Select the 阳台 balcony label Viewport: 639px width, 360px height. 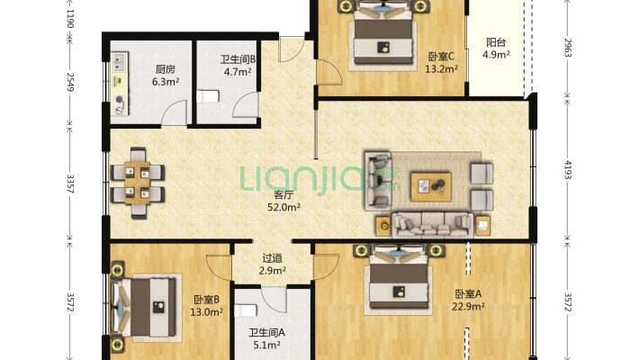coord(495,42)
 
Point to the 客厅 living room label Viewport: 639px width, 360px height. coord(283,194)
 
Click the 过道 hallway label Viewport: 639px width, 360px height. coord(273,257)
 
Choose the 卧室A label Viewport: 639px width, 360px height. coord(469,293)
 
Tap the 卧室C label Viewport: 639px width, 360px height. coord(441,55)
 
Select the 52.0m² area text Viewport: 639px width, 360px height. coord(283,207)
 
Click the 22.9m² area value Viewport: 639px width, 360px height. coord(469,306)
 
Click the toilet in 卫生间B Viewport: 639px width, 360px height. coord(209,96)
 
